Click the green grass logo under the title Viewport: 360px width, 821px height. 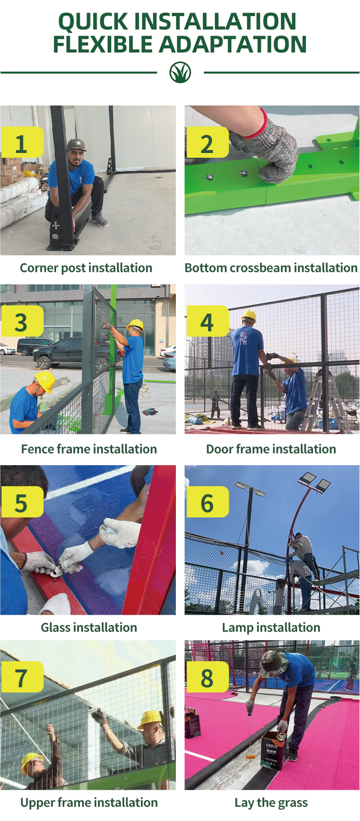(180, 73)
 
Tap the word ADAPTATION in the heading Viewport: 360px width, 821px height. (232, 45)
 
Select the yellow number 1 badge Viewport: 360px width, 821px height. (22, 142)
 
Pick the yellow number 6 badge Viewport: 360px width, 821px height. (207, 502)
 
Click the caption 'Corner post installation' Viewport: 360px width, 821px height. (86, 268)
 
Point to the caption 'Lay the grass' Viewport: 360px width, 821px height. (271, 803)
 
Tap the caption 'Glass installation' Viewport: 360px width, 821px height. (89, 627)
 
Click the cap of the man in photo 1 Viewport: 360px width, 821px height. (76, 144)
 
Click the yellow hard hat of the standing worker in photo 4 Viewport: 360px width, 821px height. (248, 316)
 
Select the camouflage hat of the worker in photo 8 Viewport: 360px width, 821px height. (274, 663)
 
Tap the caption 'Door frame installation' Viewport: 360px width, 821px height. (271, 449)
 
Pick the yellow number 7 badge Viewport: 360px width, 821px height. (22, 677)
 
